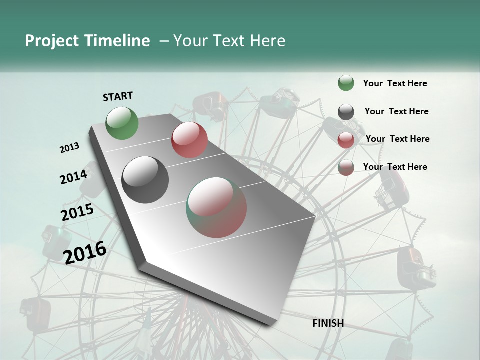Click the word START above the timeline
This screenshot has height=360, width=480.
coord(118,96)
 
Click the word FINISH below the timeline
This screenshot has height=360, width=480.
coord(328,323)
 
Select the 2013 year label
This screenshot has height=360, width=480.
coord(69,148)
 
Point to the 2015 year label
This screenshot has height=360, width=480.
coord(77,212)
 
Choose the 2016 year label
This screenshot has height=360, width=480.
coord(85,252)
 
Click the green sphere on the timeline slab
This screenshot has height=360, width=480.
coord(122,123)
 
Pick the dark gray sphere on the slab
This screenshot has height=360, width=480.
coord(145,180)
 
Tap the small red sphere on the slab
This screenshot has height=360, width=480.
coord(189,140)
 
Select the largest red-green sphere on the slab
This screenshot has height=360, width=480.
coord(216,207)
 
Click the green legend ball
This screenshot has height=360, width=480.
coord(346,83)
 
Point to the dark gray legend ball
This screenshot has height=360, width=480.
coord(346,112)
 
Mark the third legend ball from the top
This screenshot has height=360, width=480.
coord(346,140)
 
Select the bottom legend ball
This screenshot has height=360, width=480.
coord(346,167)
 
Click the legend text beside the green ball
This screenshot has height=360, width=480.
coord(395,83)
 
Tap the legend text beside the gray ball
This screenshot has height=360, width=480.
coord(396,111)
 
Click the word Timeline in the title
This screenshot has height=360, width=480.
coord(117,41)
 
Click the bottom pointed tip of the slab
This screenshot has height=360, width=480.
coord(272,325)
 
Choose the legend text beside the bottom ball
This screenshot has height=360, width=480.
coord(395,167)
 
